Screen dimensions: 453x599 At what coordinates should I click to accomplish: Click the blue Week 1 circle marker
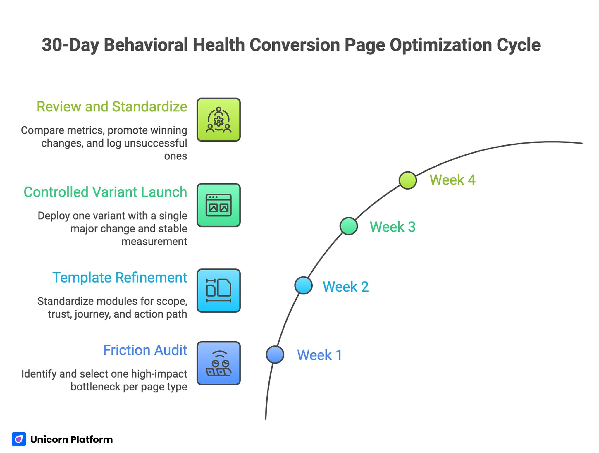(x=275, y=354)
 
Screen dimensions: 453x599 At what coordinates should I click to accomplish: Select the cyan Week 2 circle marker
(x=303, y=285)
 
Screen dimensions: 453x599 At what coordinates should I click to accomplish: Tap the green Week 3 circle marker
(x=349, y=226)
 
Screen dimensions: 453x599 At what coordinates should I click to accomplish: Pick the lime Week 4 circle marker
(x=408, y=180)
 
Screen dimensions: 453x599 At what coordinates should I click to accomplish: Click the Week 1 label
(x=319, y=355)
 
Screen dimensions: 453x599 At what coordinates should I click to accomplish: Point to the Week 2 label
(x=345, y=287)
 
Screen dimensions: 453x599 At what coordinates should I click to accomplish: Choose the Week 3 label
(x=393, y=227)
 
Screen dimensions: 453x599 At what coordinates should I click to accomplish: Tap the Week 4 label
(x=452, y=180)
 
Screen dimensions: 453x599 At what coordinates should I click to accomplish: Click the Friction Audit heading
(x=145, y=350)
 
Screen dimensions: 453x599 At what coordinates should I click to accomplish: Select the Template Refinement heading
(x=120, y=278)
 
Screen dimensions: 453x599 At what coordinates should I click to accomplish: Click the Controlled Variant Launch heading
(x=105, y=192)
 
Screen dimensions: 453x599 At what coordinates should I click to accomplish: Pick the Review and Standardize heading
(x=112, y=106)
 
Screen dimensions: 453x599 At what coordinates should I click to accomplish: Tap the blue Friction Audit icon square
(x=218, y=363)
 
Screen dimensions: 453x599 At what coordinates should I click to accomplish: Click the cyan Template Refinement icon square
(x=218, y=291)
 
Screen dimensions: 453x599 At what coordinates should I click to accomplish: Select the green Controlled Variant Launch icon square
(x=218, y=205)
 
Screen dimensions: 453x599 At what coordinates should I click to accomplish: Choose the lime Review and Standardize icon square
(x=218, y=120)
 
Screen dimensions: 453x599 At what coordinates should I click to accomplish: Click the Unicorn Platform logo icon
(x=19, y=439)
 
